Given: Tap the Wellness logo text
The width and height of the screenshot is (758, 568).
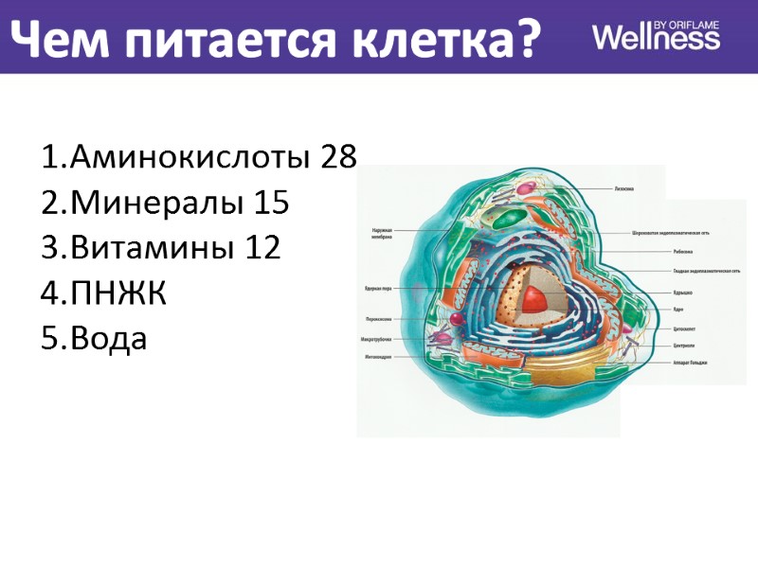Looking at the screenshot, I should tap(655, 38).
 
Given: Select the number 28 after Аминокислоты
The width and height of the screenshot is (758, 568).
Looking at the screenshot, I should tap(338, 157).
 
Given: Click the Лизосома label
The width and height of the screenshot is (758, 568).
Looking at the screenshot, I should tap(623, 188).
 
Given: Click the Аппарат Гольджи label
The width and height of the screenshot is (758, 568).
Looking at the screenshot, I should tap(691, 363).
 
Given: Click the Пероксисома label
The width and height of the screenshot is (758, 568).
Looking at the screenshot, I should tap(378, 319).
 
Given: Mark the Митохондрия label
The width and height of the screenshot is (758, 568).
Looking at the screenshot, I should tap(379, 357).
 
